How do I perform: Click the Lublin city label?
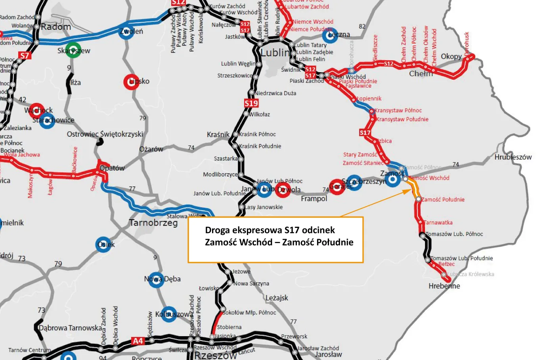coord(275,52)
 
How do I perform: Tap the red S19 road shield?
coord(251,103)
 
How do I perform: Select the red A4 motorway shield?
coord(138,341)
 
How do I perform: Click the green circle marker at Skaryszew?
coord(73,50)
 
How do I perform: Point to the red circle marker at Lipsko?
coord(131,82)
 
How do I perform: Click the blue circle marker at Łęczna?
coord(329,36)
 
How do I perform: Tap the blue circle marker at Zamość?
coord(392,179)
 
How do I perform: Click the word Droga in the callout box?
coord(217,230)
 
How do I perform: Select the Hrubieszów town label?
coord(513,157)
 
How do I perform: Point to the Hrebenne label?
coord(444,286)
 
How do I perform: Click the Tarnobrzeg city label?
coord(153,223)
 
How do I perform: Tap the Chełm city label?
coord(421,74)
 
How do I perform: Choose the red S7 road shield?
coord(25,56)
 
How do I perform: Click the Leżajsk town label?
coord(277,298)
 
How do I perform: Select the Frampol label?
coord(314,199)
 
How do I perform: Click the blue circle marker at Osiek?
coord(103,245)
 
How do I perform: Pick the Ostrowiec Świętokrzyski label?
coord(105,134)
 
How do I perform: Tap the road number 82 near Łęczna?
coord(362,27)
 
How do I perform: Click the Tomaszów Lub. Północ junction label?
coord(454,234)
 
